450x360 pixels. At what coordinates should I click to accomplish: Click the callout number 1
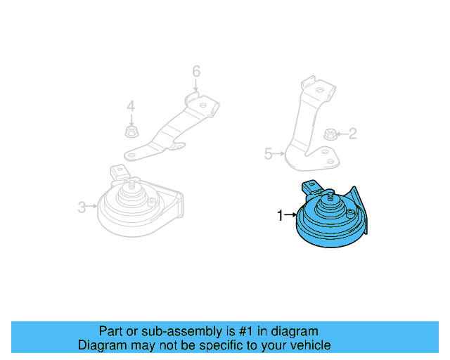point(280,215)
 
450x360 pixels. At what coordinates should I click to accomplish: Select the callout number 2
point(353,134)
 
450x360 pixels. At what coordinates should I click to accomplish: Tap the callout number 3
point(82,207)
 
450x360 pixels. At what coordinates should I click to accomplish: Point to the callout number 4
point(131,106)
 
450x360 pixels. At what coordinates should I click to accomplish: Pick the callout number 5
point(268,154)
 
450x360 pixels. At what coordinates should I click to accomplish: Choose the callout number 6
point(196,71)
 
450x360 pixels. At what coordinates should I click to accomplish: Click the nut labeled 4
point(131,131)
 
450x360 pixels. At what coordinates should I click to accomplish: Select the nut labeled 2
point(330,134)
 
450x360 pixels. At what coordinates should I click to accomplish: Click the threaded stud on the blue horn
point(330,197)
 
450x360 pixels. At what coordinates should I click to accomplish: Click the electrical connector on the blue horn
point(311,187)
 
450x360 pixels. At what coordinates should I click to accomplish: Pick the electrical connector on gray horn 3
point(120,172)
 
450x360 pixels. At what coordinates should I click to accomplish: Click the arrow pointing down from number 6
point(196,85)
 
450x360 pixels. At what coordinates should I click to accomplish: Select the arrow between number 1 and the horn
point(290,214)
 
